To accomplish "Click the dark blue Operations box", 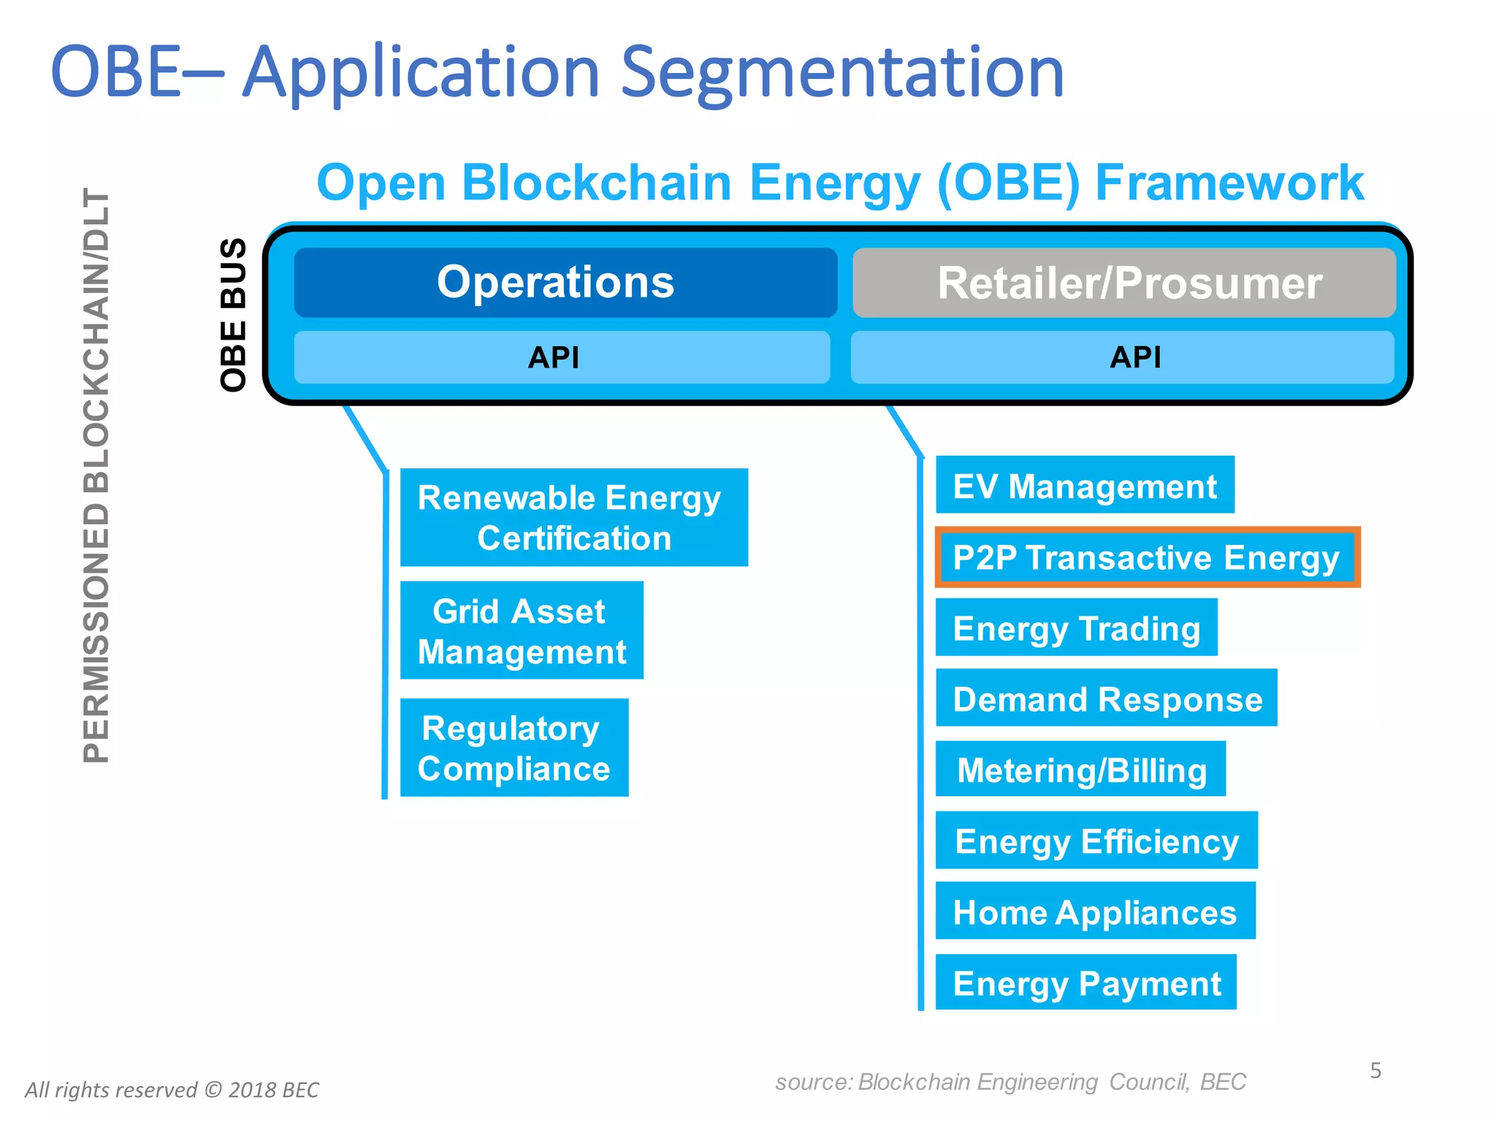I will click(565, 283).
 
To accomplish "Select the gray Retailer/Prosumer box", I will click(1123, 283).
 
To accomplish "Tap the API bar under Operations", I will click(561, 357).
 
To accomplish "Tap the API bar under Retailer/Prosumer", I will click(1122, 357).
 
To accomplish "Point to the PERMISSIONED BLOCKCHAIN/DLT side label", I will click(96, 475).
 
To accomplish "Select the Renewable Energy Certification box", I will click(573, 517).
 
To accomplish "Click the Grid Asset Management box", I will click(521, 630).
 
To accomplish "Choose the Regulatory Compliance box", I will click(514, 747).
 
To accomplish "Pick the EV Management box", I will click(1084, 486).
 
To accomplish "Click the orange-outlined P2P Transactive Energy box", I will click(1147, 557).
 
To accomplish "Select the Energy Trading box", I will click(1076, 627).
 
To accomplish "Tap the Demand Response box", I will click(1106, 698).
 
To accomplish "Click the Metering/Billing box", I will click(1080, 769).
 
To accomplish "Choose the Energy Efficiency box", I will click(1096, 840).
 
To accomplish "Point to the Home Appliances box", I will click(1094, 911).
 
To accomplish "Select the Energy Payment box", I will click(1085, 982).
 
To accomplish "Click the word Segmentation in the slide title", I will click(841, 73).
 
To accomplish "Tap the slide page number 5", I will click(1375, 1070).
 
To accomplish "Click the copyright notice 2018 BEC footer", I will click(172, 1090).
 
